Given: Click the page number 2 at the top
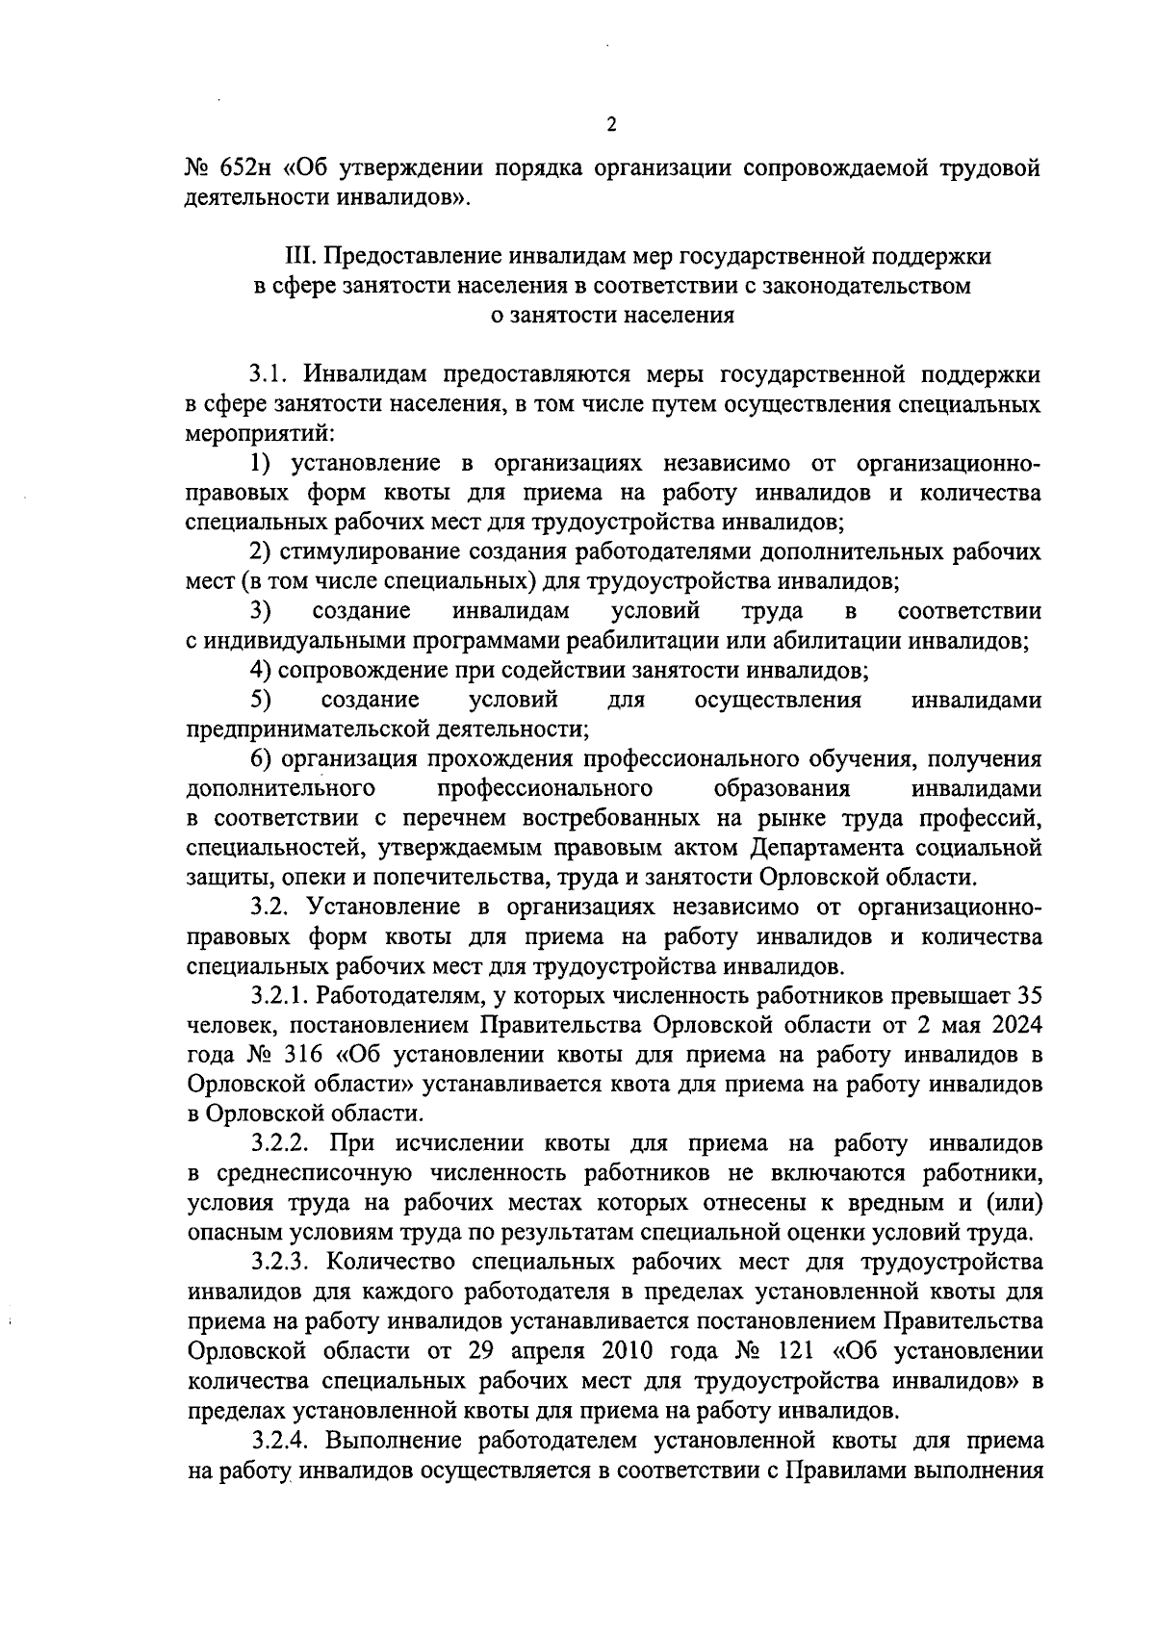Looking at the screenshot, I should (612, 124).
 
